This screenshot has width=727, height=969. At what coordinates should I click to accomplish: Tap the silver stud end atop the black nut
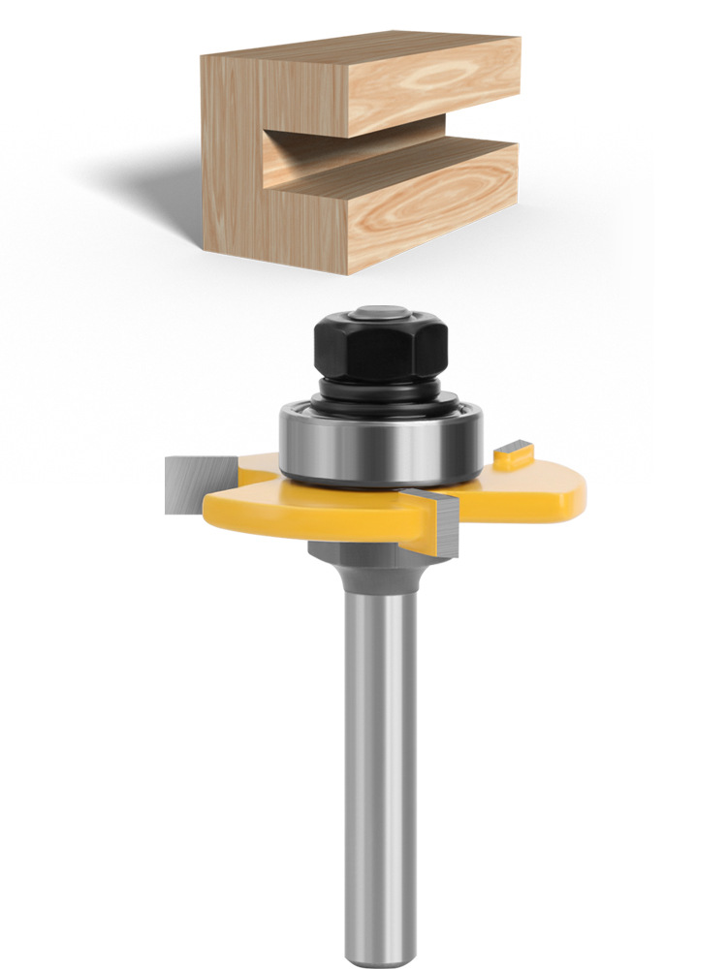379,313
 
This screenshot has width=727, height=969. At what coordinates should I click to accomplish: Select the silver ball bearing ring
380,441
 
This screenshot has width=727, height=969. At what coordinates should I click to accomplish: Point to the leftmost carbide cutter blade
188,484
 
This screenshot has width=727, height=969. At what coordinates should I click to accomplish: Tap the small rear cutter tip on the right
515,451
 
